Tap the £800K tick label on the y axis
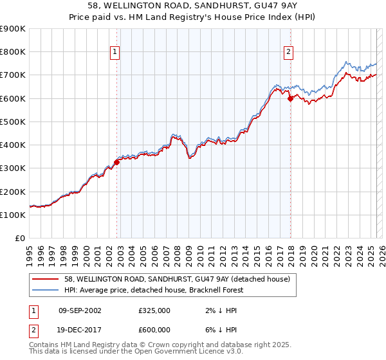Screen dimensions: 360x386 pyautogui.click(x=13, y=51)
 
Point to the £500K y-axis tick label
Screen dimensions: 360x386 pyautogui.click(x=13, y=122)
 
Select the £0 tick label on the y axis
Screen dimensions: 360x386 pyautogui.click(x=21, y=238)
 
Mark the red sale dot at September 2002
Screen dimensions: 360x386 pyautogui.click(x=116, y=162)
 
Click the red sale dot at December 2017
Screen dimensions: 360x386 pyautogui.click(x=290, y=98)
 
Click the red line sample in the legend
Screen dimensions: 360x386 pyautogui.click(x=46, y=279)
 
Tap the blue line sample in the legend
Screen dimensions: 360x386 pyautogui.click(x=46, y=290)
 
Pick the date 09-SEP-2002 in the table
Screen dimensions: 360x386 pyautogui.click(x=80, y=310)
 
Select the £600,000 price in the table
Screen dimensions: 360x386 pyautogui.click(x=154, y=330)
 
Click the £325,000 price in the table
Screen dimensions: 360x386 pyautogui.click(x=154, y=310)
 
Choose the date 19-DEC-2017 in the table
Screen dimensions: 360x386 pyautogui.click(x=80, y=330)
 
